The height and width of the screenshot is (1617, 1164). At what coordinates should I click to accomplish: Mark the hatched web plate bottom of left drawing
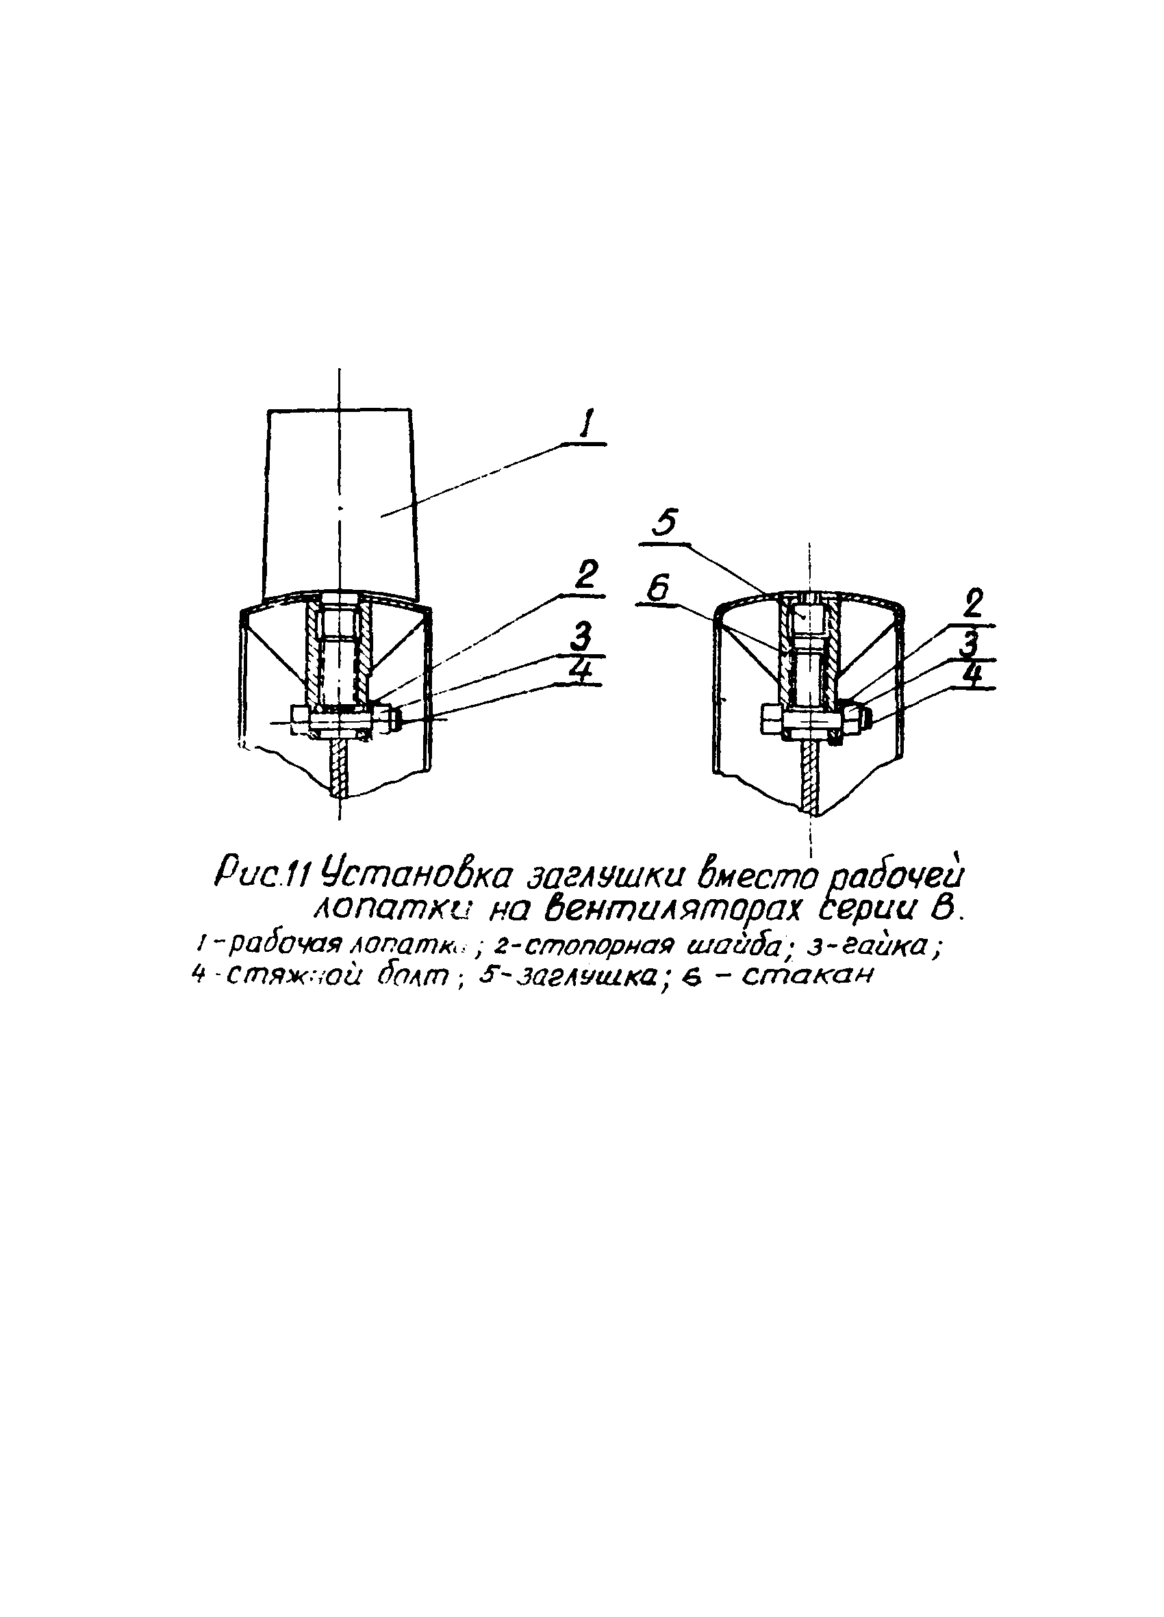click(340, 770)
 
